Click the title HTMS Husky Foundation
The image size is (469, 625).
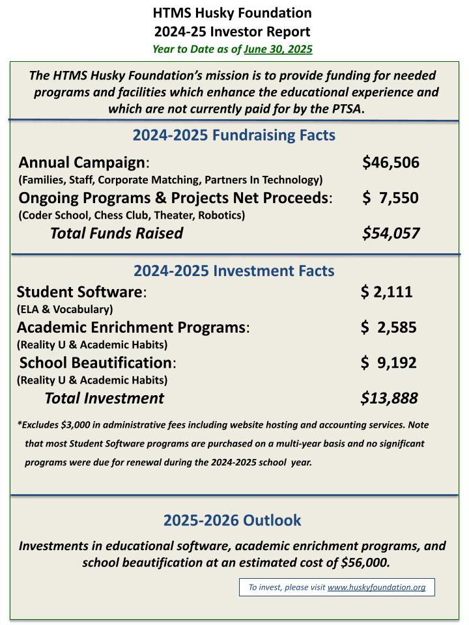point(233,12)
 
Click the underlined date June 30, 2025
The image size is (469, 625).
point(278,49)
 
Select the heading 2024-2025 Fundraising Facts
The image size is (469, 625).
point(234,135)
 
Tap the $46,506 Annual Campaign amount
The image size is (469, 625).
point(391,162)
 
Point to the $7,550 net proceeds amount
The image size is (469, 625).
point(391,198)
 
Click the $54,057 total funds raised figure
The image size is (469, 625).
point(391,233)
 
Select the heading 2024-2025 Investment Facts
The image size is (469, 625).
point(234,271)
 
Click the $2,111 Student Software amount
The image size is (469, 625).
point(386,292)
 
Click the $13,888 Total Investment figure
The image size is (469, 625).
point(389,398)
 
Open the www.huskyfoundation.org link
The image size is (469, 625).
point(377,587)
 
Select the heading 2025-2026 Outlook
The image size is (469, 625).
point(232,520)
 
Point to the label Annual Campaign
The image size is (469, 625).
point(82,162)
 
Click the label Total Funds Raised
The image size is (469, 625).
point(117,233)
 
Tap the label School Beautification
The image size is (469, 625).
point(96,363)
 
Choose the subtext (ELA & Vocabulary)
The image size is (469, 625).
point(64,309)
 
